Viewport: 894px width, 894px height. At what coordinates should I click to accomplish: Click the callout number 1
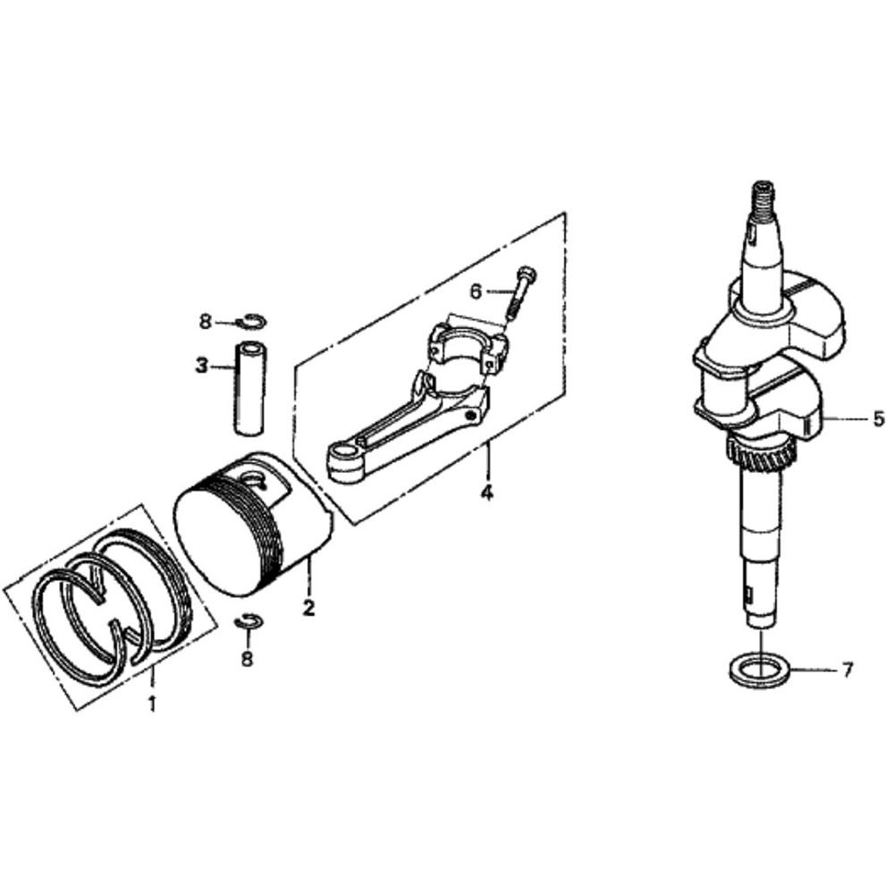[x=152, y=704]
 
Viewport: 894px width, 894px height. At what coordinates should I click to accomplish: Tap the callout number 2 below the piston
[x=308, y=608]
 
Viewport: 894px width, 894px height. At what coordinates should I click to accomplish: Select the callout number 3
[x=202, y=366]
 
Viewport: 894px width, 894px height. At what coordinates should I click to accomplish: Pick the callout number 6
[x=476, y=291]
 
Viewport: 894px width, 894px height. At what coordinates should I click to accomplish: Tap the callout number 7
[x=848, y=669]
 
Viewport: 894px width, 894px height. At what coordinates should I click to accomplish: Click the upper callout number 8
[x=206, y=321]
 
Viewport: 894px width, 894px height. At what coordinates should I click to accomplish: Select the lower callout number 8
[x=247, y=658]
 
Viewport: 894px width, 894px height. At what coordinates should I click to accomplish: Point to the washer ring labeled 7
[x=758, y=668]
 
